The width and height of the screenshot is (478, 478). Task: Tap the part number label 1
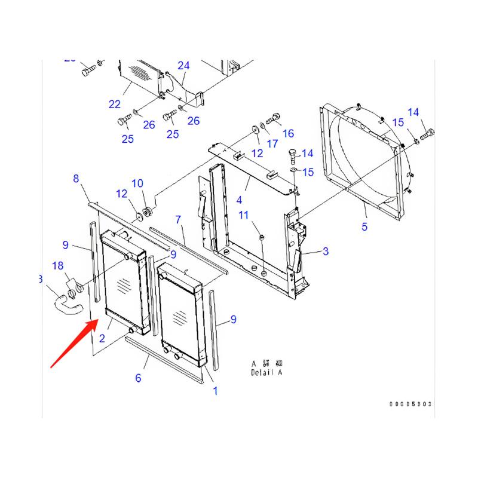point(215,391)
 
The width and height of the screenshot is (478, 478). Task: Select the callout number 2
point(102,338)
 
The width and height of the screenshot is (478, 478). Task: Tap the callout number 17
point(272,143)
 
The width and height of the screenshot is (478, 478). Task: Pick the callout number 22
point(115,104)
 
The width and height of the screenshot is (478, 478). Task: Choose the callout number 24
point(183,65)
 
